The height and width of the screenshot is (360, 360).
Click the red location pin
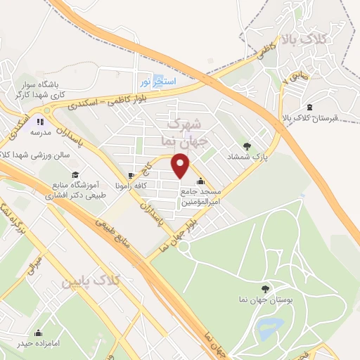click(x=181, y=167)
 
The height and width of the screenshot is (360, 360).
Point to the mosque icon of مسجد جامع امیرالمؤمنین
click(x=202, y=179)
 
